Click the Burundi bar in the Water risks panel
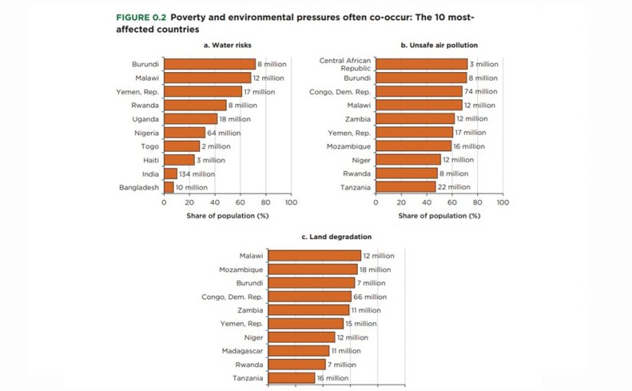[x=209, y=64]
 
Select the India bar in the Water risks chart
[x=170, y=174]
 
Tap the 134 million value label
[x=197, y=174]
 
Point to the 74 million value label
[x=481, y=91]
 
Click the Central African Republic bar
[x=421, y=64]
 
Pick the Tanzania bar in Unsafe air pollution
[x=405, y=187]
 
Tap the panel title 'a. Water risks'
[x=228, y=45]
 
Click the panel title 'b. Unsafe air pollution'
[x=439, y=45]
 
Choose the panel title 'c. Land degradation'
[x=331, y=237]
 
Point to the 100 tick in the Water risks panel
[x=291, y=203]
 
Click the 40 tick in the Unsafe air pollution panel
[x=427, y=203]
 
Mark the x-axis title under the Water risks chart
[x=228, y=215]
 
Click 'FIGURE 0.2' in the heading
[x=141, y=17]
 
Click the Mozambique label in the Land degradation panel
[x=241, y=270]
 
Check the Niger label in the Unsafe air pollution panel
[x=361, y=160]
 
